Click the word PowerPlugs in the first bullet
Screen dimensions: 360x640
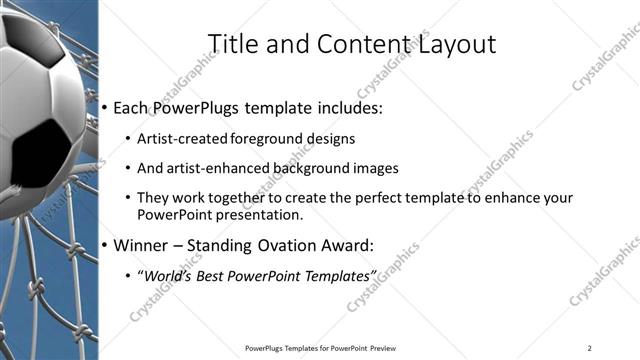[201, 107]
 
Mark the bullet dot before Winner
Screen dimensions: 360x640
[106, 245]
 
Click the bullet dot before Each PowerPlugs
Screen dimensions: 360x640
[106, 108]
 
